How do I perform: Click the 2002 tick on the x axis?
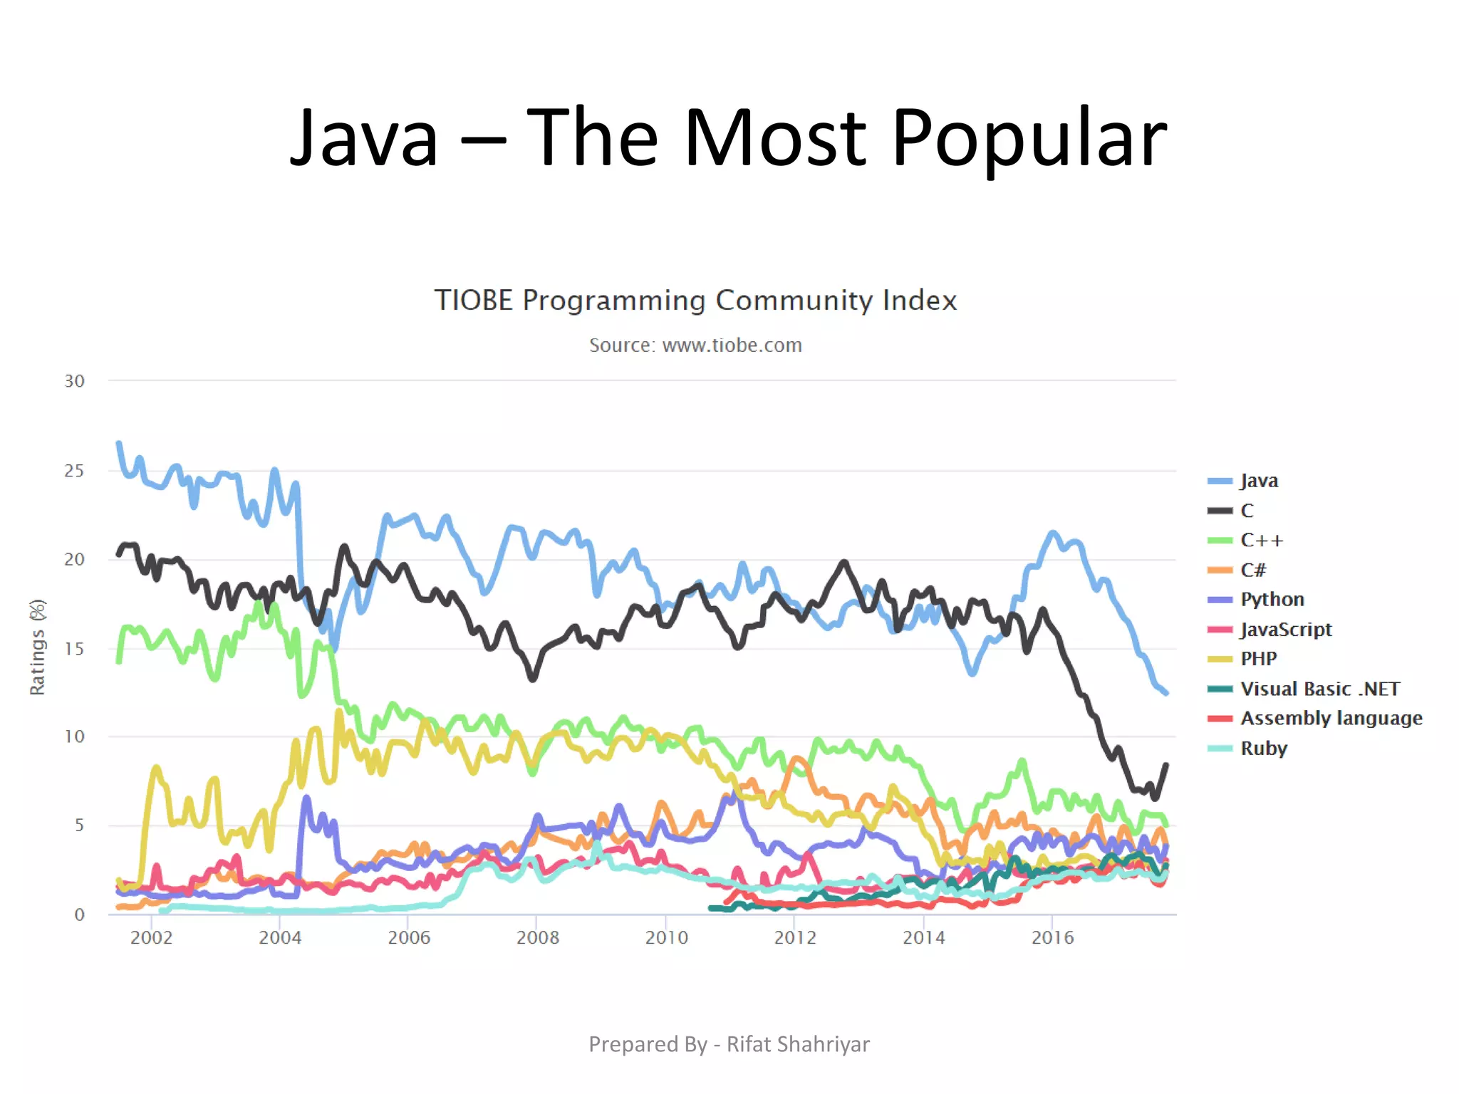click(x=151, y=937)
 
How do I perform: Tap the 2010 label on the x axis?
click(x=666, y=937)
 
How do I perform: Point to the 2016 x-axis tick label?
click(x=1052, y=937)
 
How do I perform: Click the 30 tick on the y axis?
click(x=74, y=381)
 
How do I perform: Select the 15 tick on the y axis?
click(x=74, y=649)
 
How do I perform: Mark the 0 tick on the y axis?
click(x=79, y=915)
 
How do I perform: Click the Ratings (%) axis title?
click(x=37, y=647)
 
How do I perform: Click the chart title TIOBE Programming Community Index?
click(x=695, y=301)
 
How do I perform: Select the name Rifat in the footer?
click(x=748, y=1044)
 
